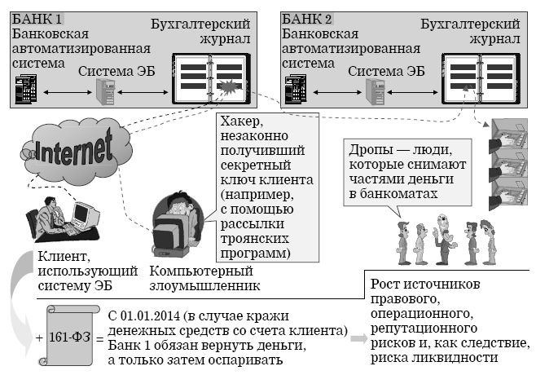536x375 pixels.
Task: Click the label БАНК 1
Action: click(x=37, y=18)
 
